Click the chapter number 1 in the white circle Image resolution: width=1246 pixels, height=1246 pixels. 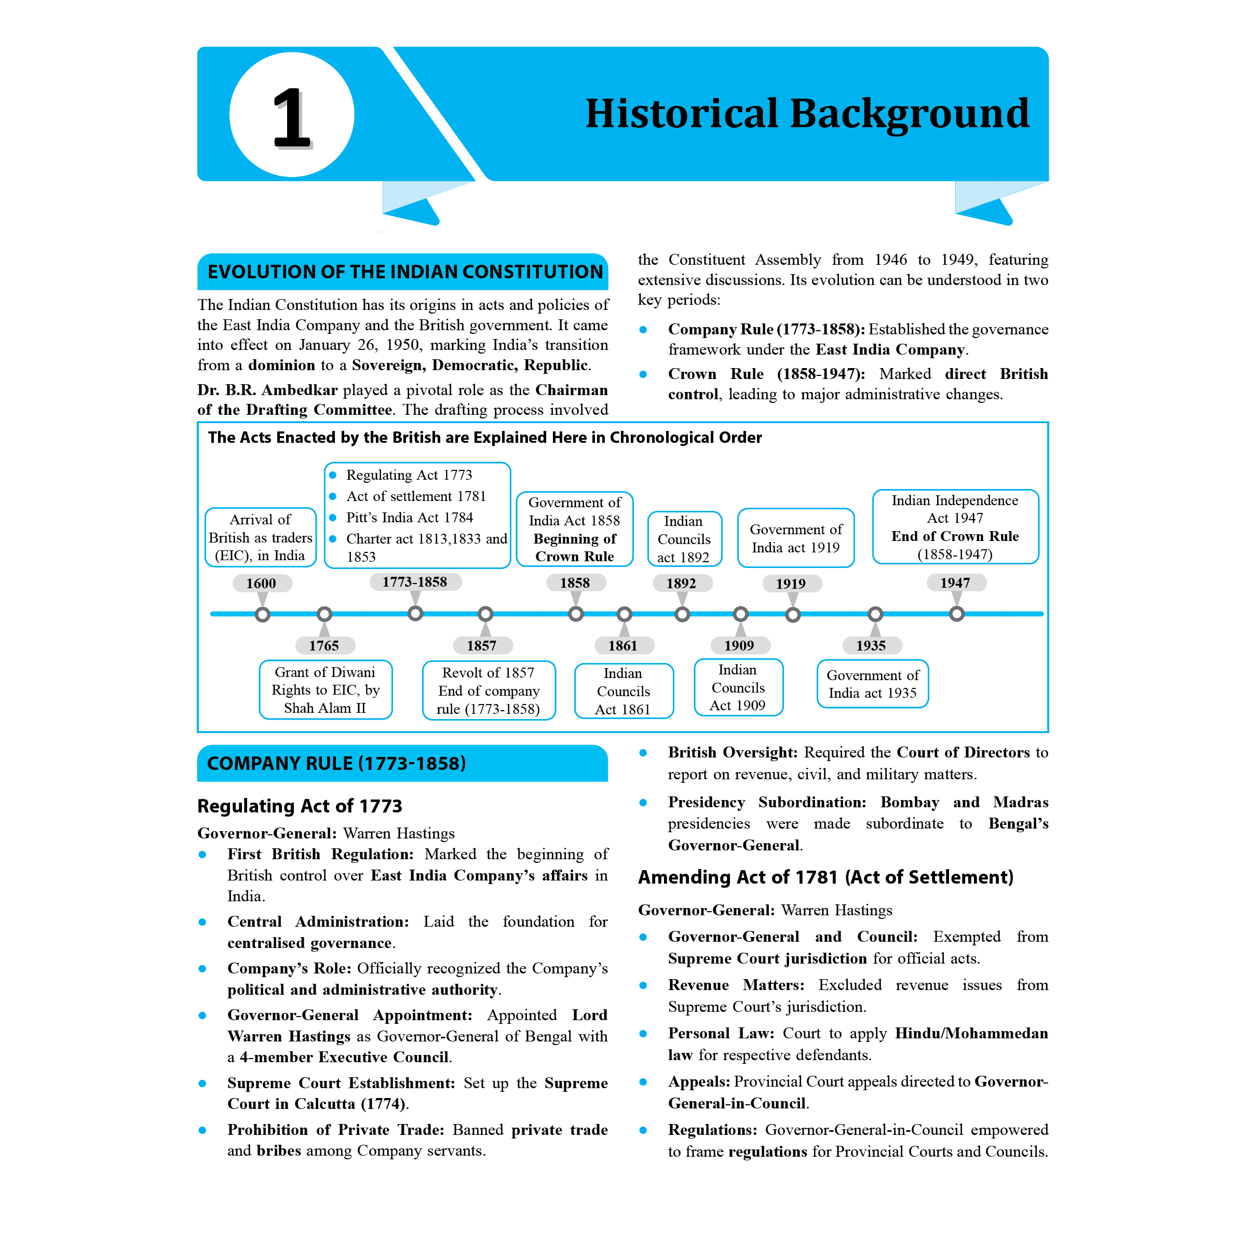point(291,116)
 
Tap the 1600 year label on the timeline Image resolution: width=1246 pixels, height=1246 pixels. point(261,583)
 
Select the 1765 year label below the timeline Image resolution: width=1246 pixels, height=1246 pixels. point(324,645)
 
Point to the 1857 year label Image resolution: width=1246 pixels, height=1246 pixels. point(482,645)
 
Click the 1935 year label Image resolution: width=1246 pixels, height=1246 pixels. point(871,645)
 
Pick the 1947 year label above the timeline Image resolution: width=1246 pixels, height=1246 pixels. point(955,583)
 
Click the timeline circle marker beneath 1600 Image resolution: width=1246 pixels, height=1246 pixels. point(263,615)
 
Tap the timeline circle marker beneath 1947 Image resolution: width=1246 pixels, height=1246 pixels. point(957,614)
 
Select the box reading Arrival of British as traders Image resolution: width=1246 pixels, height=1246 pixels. point(261,537)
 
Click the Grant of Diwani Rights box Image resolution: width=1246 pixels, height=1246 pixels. point(325,689)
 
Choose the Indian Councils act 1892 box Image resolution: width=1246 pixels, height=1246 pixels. point(684,538)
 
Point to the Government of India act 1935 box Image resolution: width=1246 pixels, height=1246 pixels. point(873,684)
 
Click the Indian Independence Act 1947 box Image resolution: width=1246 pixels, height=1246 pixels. point(955,527)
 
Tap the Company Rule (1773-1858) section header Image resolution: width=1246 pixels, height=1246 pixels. point(402,763)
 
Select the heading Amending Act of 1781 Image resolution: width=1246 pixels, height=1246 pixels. point(825,877)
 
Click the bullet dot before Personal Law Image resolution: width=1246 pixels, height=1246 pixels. point(643,1034)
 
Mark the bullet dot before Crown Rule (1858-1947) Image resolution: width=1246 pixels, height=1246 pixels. point(643,374)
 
